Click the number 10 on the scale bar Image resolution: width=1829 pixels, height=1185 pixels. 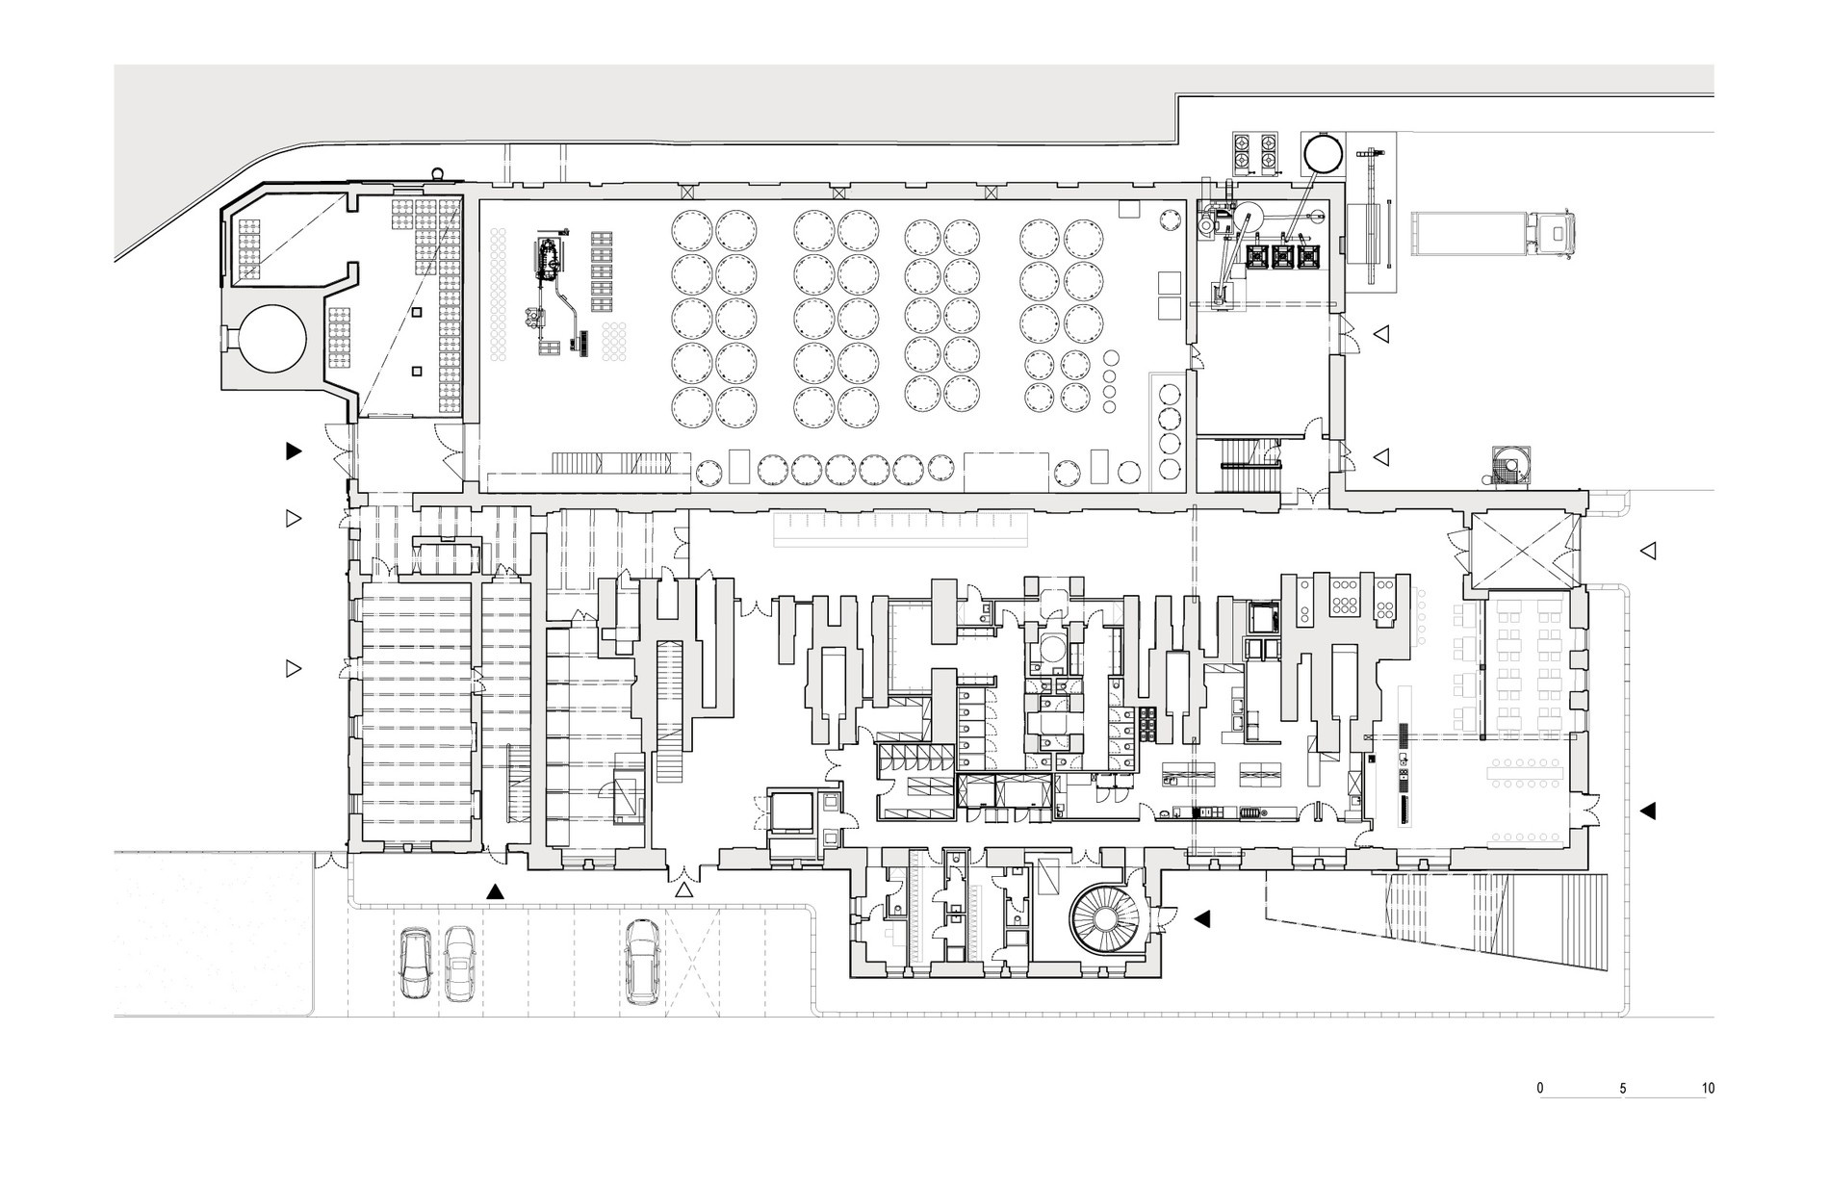point(1708,1089)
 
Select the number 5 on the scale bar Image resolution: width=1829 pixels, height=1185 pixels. point(1623,1089)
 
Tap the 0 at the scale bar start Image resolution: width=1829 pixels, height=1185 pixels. point(1540,1089)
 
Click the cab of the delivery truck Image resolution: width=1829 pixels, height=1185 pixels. point(1557,234)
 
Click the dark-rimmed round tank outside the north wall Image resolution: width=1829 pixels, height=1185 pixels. point(1322,152)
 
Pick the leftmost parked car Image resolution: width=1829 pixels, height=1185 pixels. point(416,962)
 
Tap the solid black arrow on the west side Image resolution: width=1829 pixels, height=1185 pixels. point(294,450)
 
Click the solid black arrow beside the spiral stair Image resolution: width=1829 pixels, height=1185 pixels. point(1200,919)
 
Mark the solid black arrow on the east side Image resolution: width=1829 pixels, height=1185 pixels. point(1647,811)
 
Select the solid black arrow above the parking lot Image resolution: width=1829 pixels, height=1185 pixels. point(495,891)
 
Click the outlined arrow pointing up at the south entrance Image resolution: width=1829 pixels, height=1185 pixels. point(683,891)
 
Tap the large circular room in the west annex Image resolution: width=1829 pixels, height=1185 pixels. point(272,339)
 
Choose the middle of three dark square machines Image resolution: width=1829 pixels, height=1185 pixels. point(1283,255)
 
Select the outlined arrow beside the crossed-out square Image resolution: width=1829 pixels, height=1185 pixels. point(1647,551)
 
